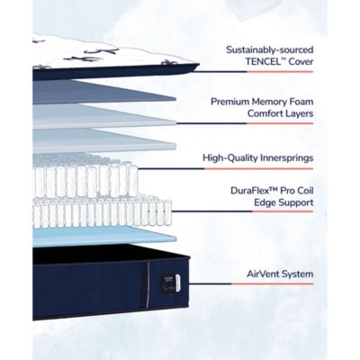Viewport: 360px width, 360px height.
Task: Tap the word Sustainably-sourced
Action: point(270,49)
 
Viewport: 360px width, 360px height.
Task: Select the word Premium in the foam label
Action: point(230,102)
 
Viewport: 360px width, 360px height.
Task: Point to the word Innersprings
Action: point(286,157)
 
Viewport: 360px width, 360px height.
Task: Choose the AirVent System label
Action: point(280,274)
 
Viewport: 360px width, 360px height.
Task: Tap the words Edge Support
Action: point(283,202)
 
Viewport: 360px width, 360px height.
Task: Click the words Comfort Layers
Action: point(280,113)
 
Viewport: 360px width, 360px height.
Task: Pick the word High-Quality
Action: point(229,157)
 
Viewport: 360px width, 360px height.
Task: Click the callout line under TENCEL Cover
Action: point(254,72)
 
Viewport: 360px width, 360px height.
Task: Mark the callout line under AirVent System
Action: point(251,283)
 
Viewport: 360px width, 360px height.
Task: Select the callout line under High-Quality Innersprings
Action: point(226,168)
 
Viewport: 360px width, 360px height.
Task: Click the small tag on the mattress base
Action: point(171,283)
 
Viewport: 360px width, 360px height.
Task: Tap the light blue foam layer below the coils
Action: point(104,236)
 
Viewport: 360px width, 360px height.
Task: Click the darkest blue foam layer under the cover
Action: point(104,92)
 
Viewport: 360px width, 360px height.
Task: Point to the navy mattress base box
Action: point(111,282)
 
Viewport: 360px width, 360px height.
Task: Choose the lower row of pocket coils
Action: point(102,211)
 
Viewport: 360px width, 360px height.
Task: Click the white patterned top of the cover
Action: point(111,52)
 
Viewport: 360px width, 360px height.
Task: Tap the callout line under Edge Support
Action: point(242,211)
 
